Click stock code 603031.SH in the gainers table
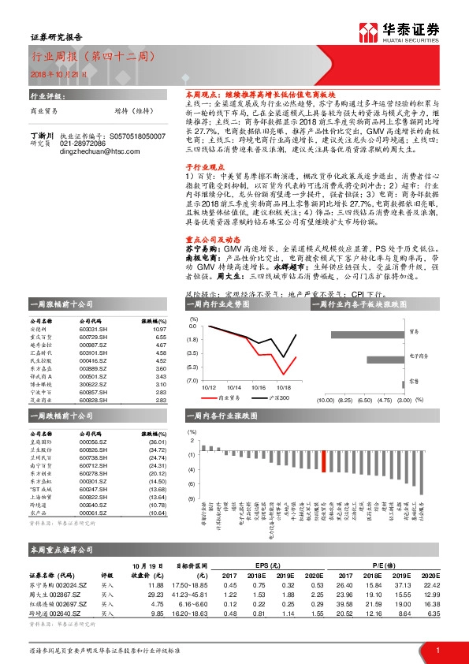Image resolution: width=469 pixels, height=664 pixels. [94, 330]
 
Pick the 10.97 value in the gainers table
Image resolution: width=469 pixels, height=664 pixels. [161, 330]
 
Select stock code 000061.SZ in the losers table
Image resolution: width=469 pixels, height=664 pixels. [94, 513]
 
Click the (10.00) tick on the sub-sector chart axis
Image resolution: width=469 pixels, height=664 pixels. [325, 401]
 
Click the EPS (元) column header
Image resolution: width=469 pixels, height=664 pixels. [266, 565]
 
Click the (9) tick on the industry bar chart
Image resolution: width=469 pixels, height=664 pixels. [191, 499]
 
